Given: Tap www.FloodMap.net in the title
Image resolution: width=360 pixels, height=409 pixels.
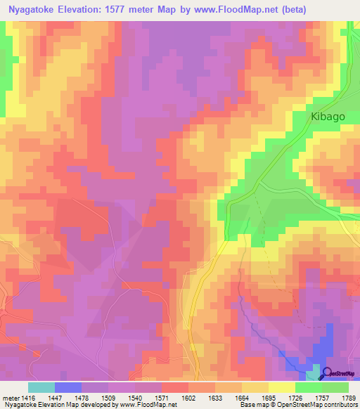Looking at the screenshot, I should point(239,9).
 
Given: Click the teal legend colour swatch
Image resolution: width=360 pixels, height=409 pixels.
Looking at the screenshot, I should point(41,387).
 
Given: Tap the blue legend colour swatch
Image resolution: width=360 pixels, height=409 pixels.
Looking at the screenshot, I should point(68,387).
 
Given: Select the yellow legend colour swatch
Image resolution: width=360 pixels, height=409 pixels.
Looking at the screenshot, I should point(282,387).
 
